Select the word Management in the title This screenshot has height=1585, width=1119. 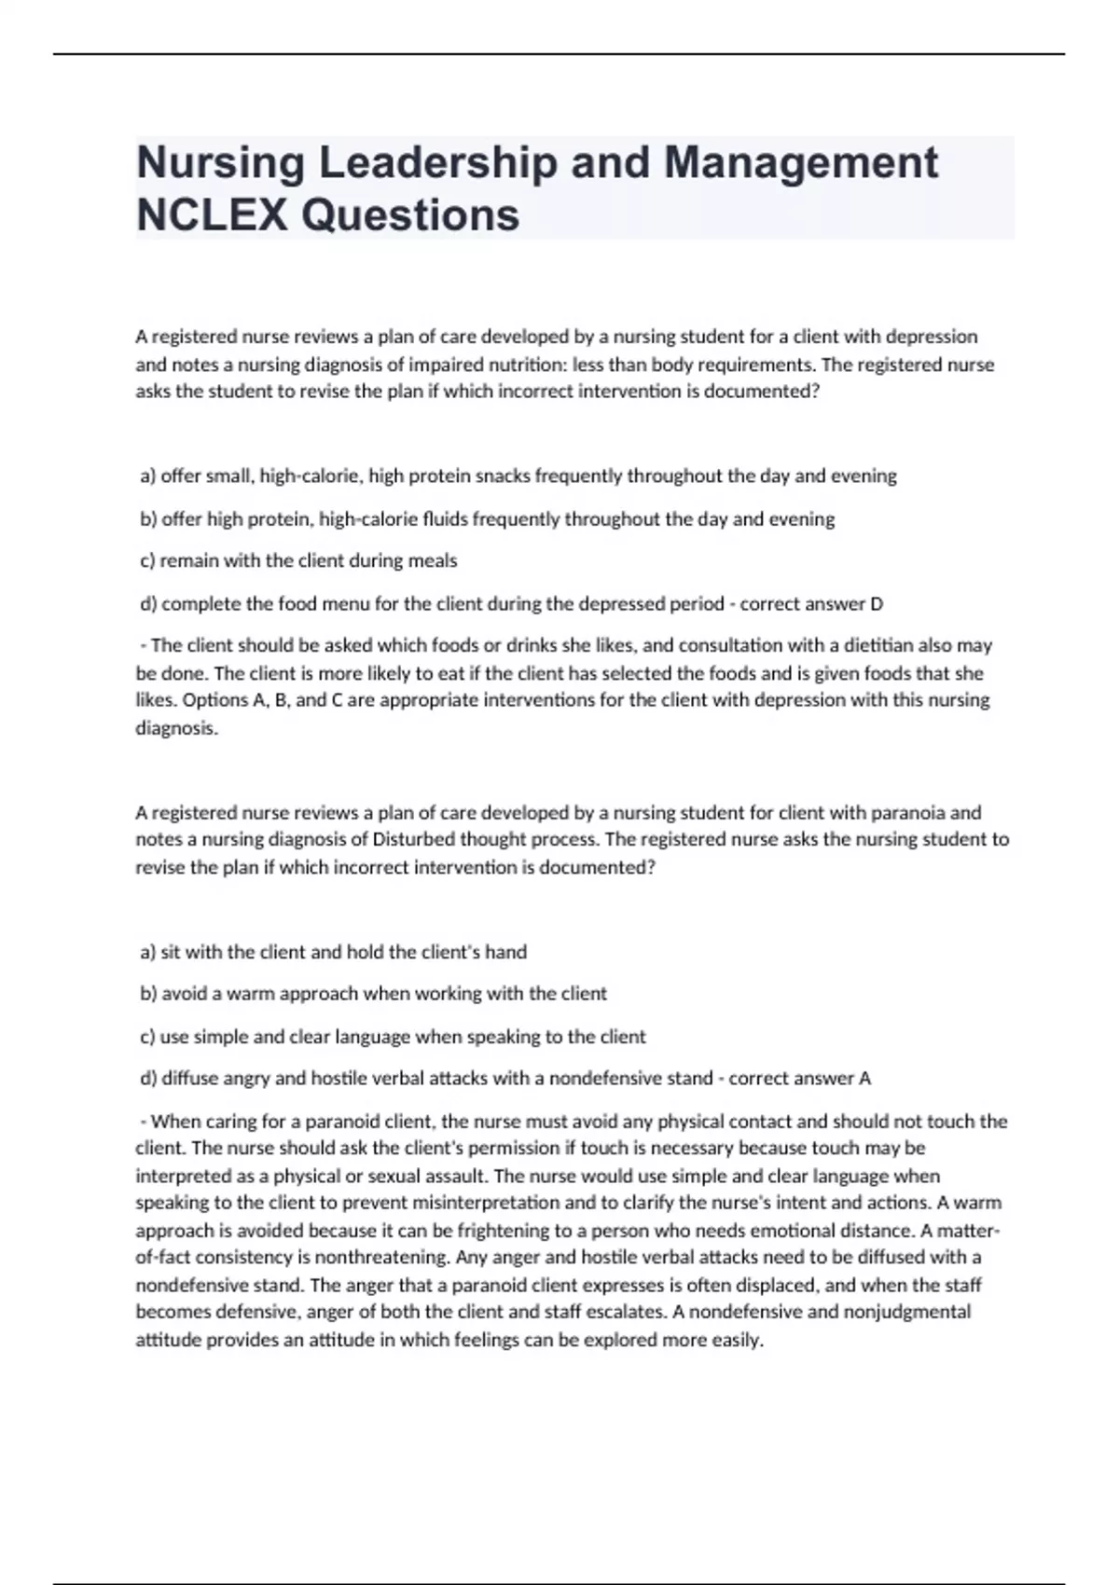pos(801,163)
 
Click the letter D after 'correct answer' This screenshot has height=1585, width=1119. pos(876,604)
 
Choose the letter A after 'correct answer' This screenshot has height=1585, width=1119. pos(864,1079)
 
